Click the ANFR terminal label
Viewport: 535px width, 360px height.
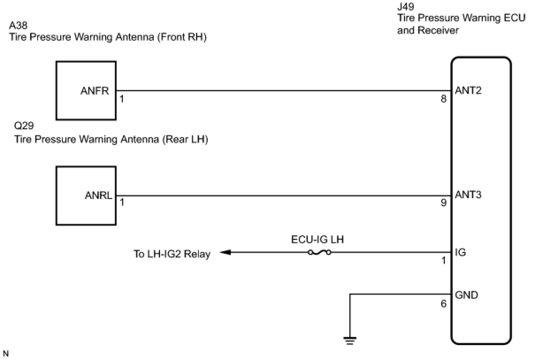[95, 91]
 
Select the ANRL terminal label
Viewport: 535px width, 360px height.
[99, 195]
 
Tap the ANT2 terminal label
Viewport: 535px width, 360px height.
[468, 91]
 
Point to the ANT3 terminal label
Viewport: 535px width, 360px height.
[468, 195]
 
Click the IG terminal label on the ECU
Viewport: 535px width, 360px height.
[460, 252]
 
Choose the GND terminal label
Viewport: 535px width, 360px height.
[466, 295]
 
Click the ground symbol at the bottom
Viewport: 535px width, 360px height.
[350, 341]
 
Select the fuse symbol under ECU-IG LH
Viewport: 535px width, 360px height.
[320, 252]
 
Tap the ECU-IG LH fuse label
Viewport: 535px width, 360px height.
[317, 239]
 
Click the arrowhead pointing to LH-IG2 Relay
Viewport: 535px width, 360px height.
[225, 252]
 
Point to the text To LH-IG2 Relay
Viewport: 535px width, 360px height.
[172, 254]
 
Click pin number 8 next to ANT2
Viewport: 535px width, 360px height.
[443, 99]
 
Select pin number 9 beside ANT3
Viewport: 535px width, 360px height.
[443, 203]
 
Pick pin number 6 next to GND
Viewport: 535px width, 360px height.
[443, 304]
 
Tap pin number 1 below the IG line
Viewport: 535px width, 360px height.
[444, 260]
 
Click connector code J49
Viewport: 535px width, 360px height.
[405, 7]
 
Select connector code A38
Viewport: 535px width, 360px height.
[19, 25]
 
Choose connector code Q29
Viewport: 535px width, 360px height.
[24, 126]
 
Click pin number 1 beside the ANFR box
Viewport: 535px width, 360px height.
[122, 99]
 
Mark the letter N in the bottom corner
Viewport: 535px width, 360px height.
[6, 353]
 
